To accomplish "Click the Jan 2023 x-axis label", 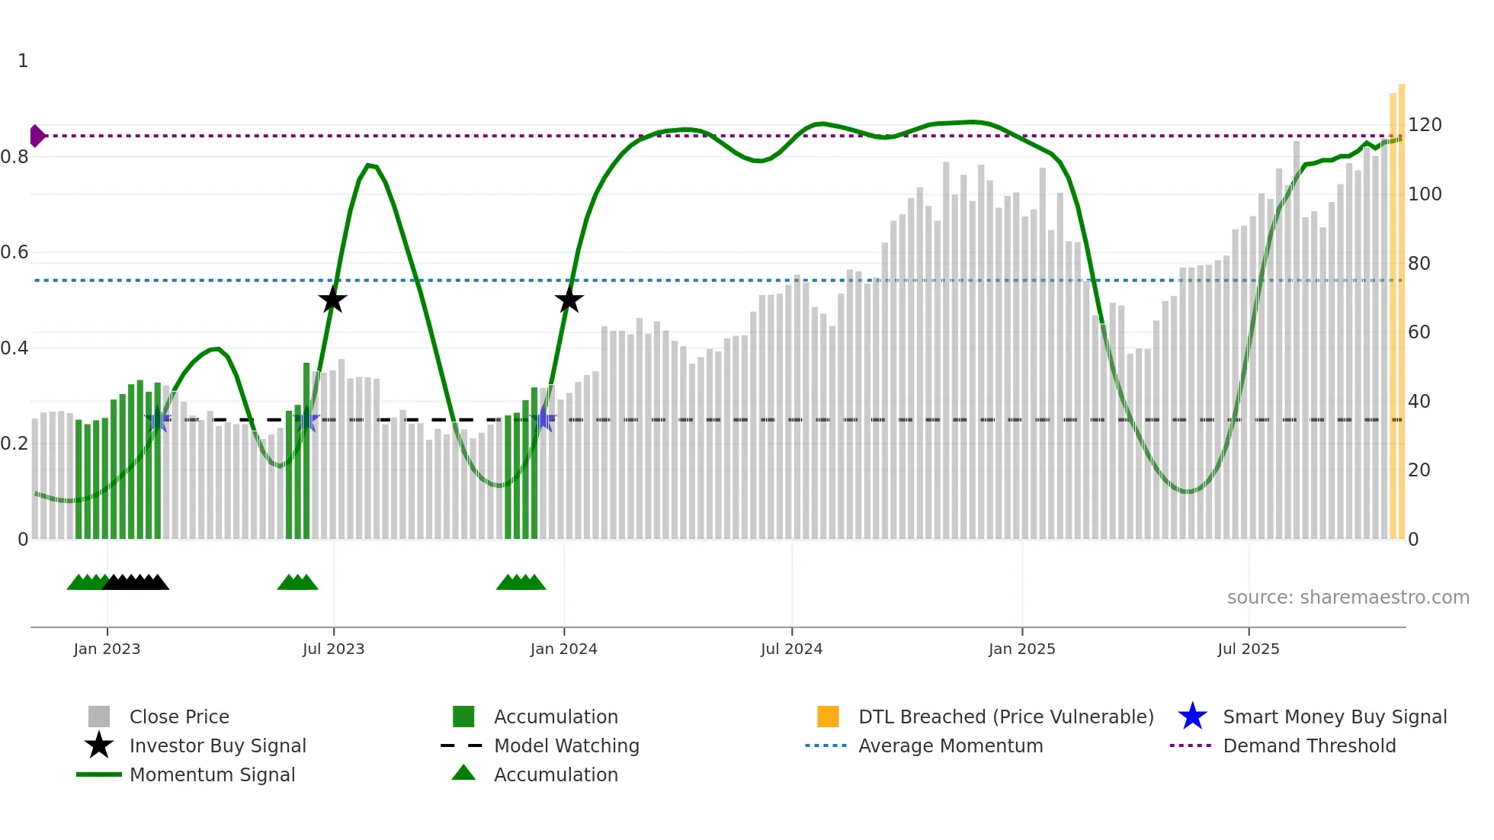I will (107, 649).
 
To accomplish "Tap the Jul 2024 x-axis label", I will (791, 649).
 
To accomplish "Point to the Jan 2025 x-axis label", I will (1021, 649).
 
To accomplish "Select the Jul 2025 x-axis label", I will (1248, 649).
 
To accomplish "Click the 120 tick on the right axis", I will (1424, 125).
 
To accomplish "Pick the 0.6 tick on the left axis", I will (14, 252).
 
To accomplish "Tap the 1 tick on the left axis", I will (23, 61).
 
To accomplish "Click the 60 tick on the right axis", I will (1419, 332).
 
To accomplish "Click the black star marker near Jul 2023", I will (332, 300).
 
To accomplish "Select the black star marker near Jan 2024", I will (569, 300).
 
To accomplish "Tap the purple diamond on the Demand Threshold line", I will (37, 136).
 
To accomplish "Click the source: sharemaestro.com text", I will (1348, 598).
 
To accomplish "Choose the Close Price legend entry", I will (179, 717).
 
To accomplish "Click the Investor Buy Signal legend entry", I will (217, 745).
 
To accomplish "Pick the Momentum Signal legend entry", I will (212, 774).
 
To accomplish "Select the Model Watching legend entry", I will (566, 745).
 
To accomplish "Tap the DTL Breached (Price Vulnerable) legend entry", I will (1005, 717).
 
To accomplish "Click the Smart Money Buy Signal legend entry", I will (1334, 717).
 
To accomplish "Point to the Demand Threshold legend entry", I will (1309, 745).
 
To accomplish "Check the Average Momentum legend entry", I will (950, 745).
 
